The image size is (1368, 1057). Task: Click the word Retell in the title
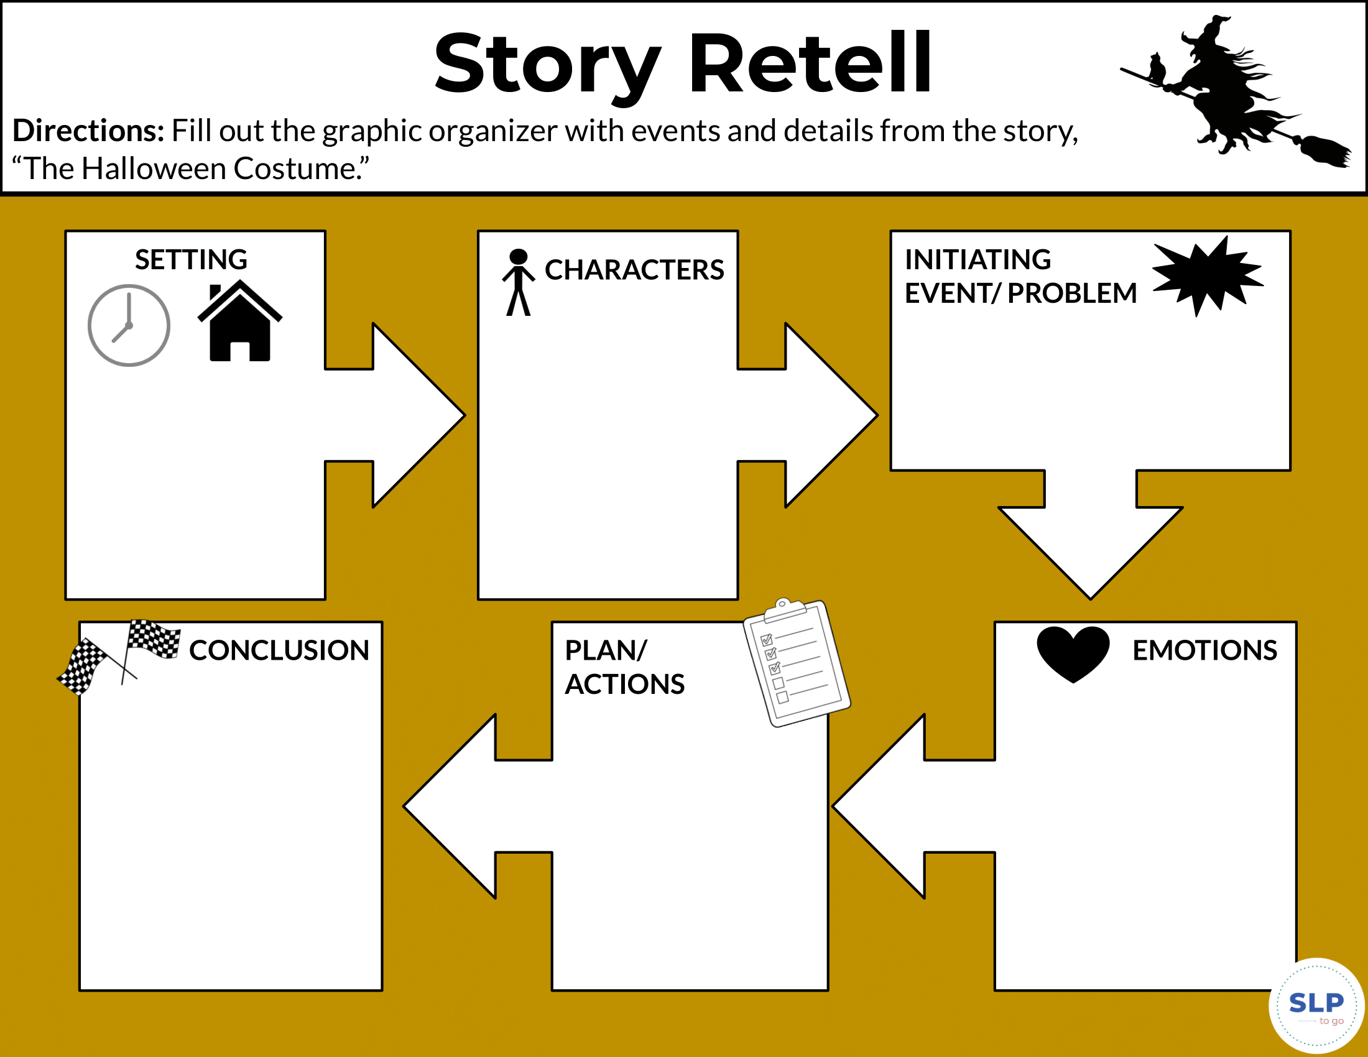click(x=809, y=64)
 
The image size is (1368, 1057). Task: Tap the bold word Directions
click(x=88, y=131)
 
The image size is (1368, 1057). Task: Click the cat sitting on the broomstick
click(x=1157, y=69)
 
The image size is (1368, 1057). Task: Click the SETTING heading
click(x=191, y=259)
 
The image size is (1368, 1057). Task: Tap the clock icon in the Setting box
click(x=129, y=325)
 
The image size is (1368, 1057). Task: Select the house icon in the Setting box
click(x=240, y=322)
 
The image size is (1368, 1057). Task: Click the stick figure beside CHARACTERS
click(x=518, y=282)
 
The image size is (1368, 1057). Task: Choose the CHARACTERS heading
click(x=634, y=270)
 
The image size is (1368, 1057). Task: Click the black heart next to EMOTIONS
click(x=1073, y=652)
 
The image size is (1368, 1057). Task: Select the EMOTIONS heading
click(x=1204, y=650)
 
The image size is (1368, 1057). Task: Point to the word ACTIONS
click(x=624, y=684)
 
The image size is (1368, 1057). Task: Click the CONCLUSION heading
click(x=279, y=650)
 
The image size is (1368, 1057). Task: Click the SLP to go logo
click(x=1316, y=1005)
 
